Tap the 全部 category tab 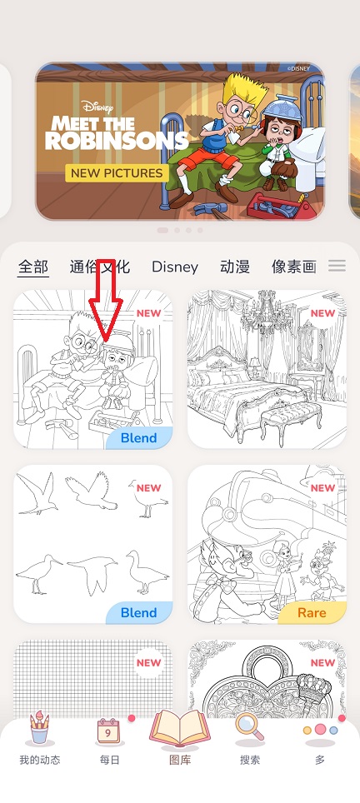tap(33, 267)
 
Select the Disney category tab tap(175, 267)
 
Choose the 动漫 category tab tap(235, 267)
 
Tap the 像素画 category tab tap(294, 267)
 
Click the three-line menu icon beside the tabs tap(337, 265)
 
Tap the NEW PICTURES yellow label tap(117, 172)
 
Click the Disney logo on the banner tap(97, 107)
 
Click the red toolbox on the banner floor tap(278, 207)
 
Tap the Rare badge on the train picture tap(312, 612)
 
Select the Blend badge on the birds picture tap(139, 612)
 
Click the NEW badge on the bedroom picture tap(322, 313)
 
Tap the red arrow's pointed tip tap(105, 341)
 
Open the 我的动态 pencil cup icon tap(39, 727)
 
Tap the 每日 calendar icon tap(108, 731)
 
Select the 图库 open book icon tap(180, 728)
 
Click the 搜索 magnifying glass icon tap(249, 728)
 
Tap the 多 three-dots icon tap(320, 730)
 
